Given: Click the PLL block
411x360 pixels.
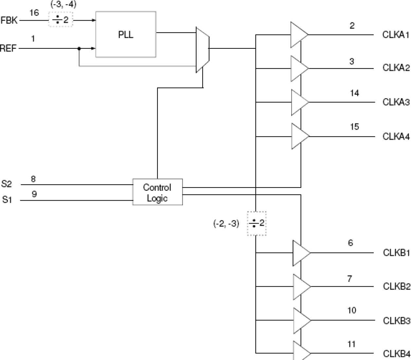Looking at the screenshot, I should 126,35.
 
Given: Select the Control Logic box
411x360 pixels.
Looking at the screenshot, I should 157,192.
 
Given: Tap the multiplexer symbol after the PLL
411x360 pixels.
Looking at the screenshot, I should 202,49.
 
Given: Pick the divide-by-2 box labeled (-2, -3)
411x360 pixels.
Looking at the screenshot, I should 257,224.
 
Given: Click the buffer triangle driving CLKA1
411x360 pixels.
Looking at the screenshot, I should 298,35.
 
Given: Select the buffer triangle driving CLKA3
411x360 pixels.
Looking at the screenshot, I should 299,102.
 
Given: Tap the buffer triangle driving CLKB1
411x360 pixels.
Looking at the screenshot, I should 300,253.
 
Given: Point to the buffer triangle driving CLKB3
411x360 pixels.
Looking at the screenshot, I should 301,320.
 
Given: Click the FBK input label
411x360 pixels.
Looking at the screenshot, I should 9,20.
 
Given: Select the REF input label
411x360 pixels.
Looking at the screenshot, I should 8,49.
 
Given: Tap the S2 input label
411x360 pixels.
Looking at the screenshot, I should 7,184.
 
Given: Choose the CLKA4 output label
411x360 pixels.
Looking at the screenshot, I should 396,136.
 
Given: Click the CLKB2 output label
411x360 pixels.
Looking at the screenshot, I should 396,287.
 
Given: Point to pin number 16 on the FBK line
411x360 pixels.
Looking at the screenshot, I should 34,13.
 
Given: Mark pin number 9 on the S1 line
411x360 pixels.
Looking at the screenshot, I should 34,194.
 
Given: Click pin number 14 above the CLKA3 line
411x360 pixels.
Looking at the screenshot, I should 354,93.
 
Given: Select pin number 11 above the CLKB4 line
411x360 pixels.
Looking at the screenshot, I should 351,344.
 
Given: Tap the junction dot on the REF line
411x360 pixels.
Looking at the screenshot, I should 79,49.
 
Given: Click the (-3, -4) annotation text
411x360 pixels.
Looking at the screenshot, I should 63,5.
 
